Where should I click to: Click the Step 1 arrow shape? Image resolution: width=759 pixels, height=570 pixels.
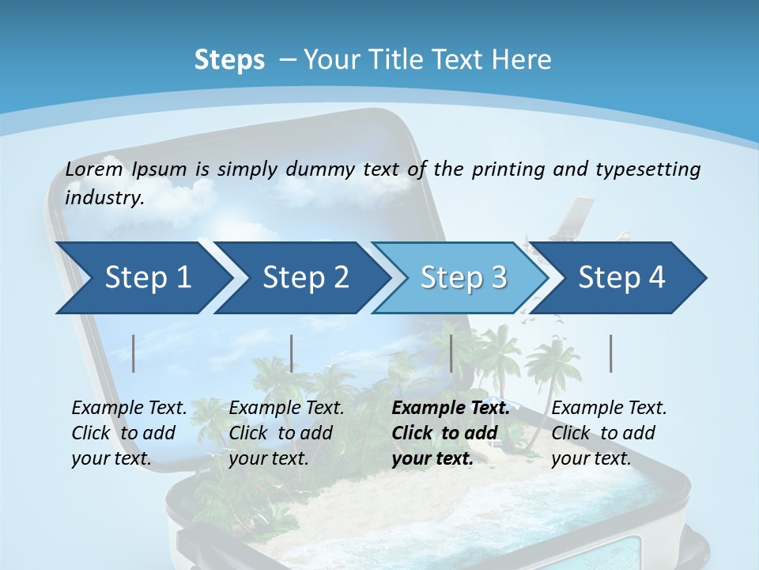tap(142, 278)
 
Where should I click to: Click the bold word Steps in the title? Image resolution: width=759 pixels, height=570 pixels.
tap(229, 60)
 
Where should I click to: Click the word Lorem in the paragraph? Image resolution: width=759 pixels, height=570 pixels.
tap(94, 169)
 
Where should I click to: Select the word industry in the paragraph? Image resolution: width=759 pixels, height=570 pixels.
tap(104, 197)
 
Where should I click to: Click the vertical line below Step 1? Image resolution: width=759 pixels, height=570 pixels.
tap(134, 353)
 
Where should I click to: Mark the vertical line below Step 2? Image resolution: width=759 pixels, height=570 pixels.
tap(292, 353)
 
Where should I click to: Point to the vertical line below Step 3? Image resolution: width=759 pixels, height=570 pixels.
tap(451, 353)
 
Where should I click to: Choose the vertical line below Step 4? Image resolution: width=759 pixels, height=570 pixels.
tap(611, 353)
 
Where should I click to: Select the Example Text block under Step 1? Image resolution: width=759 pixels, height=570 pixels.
tap(129, 433)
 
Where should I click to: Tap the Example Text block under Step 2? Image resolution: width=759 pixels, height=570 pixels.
tap(286, 433)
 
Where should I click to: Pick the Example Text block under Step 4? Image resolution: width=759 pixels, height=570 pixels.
tap(609, 433)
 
